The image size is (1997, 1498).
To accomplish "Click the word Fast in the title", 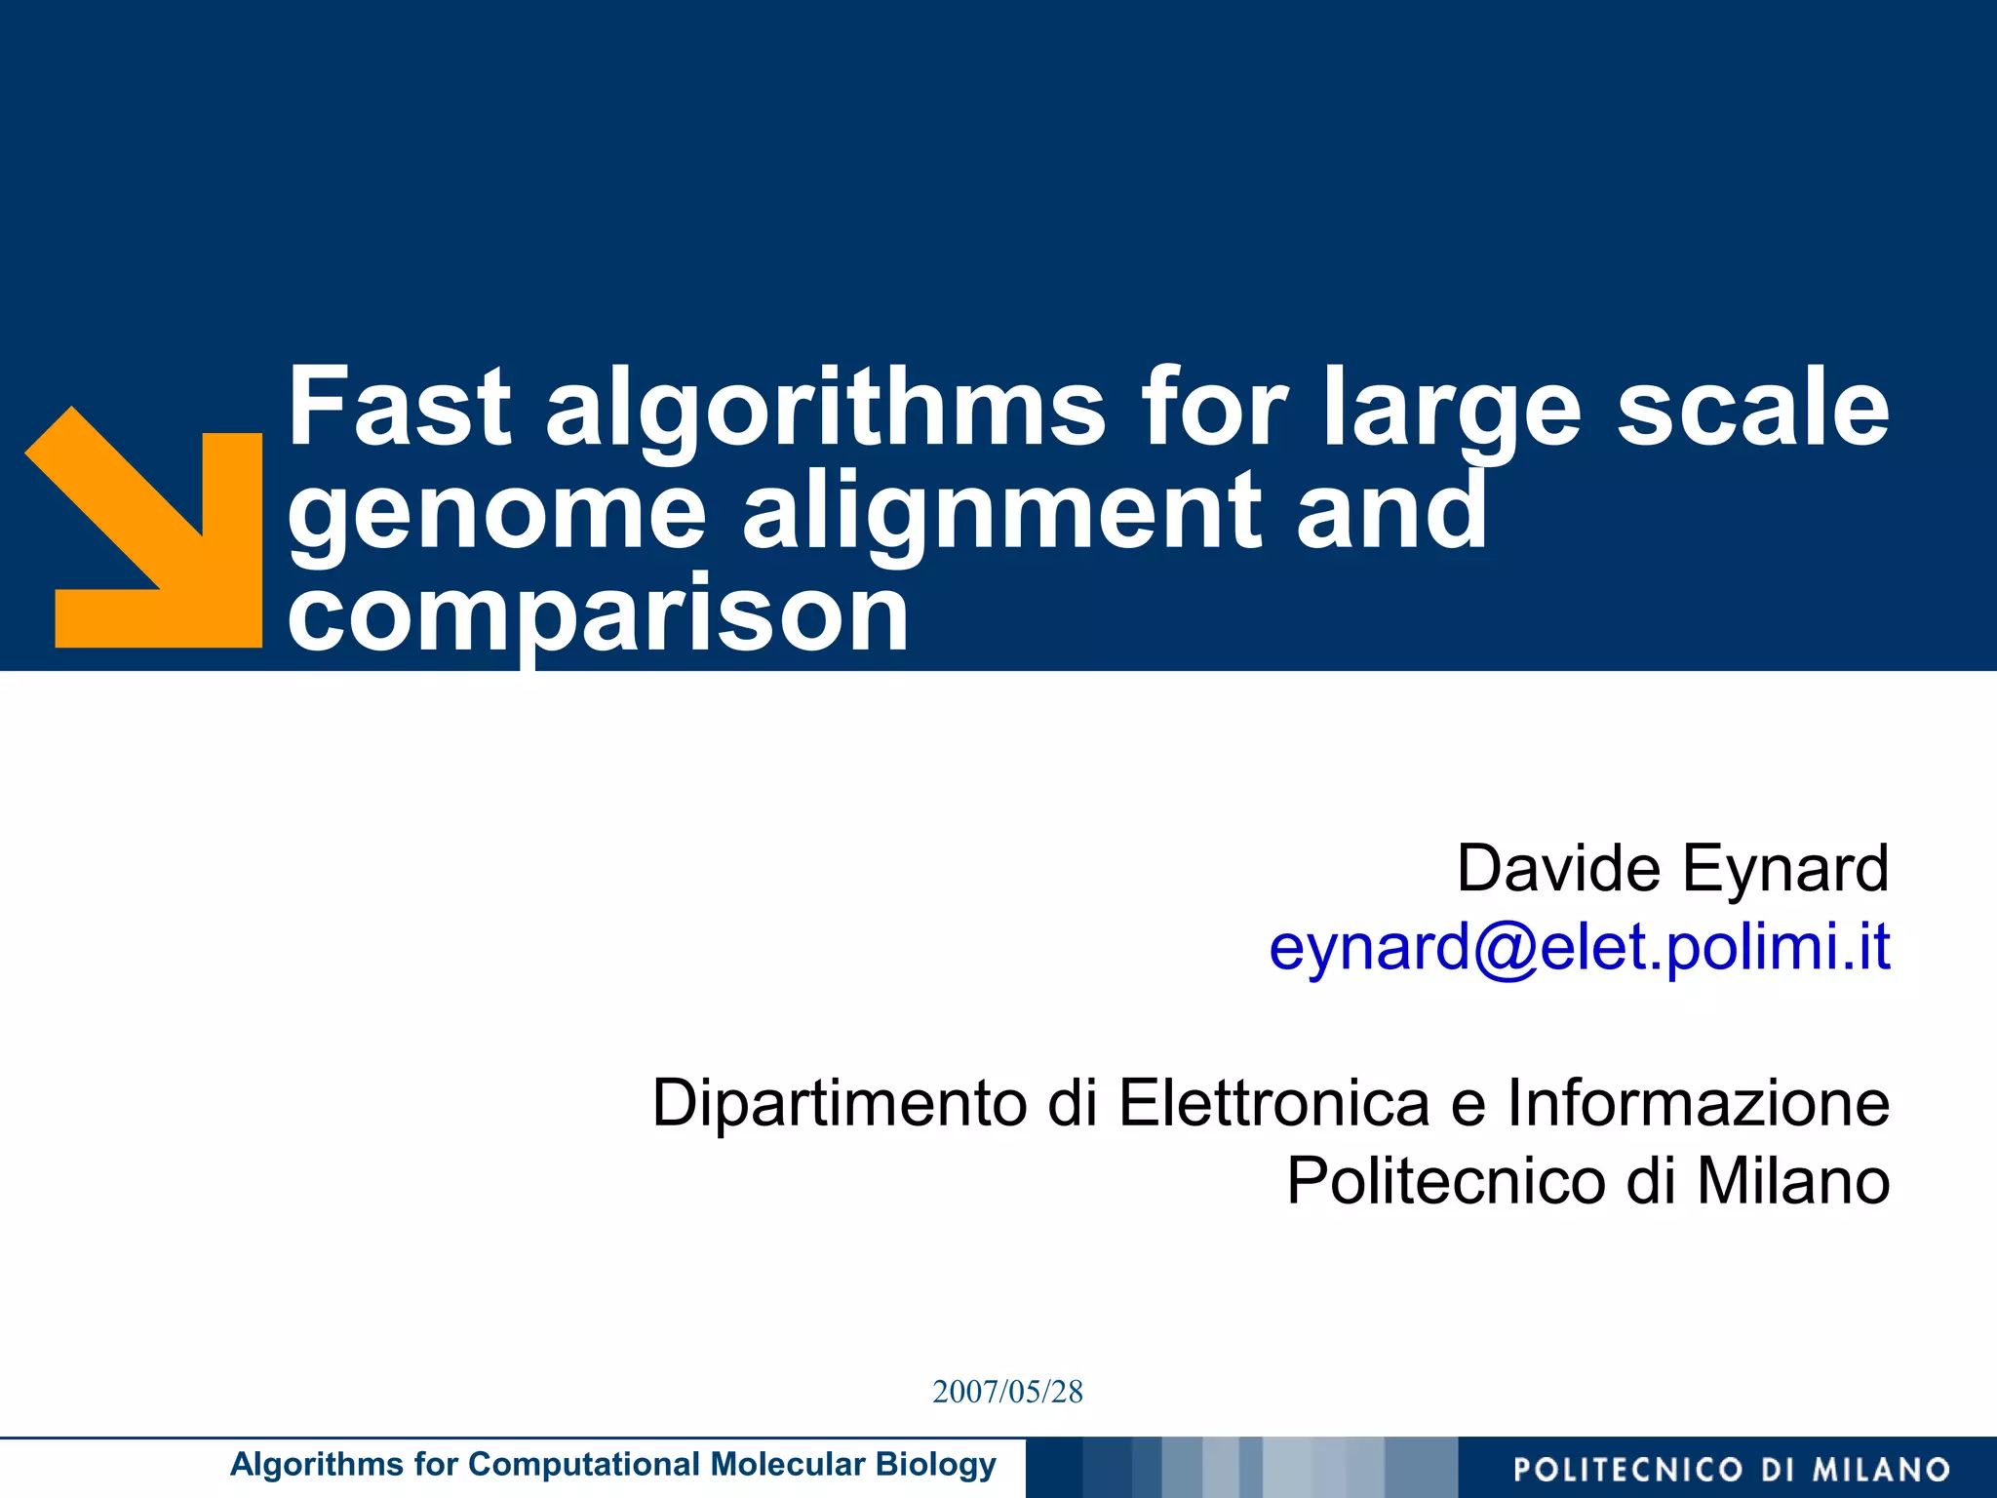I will pos(400,408).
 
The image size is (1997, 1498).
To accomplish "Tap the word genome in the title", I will pos(496,515).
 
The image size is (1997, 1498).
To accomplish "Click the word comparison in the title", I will pos(598,616).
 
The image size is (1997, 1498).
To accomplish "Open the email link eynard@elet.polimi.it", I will pos(1579,947).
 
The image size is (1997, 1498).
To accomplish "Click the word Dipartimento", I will pos(840,1103).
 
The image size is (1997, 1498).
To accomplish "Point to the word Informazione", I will pos(1698,1103).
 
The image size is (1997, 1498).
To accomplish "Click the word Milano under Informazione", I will pos(1793,1181).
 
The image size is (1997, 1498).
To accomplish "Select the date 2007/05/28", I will pos(1007,1392).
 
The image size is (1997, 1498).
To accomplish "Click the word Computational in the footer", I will pos(584,1465).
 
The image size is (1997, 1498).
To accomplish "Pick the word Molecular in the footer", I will pos(788,1465).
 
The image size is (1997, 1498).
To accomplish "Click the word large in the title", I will pos(1451,410).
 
